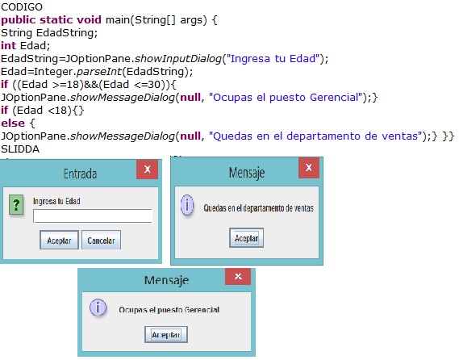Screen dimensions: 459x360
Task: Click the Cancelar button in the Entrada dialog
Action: pyautogui.click(x=101, y=240)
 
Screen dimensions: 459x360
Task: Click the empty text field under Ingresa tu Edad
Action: pyautogui.click(x=93, y=216)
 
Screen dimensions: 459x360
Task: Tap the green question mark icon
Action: pyautogui.click(x=16, y=204)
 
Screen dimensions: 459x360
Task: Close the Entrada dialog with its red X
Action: pyautogui.click(x=148, y=169)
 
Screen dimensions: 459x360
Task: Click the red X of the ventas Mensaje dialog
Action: pyautogui.click(x=309, y=168)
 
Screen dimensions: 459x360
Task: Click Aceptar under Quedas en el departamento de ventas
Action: pyautogui.click(x=247, y=238)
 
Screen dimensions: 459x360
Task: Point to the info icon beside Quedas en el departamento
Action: pyautogui.click(x=187, y=205)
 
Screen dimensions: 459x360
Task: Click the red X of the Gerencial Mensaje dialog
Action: pyautogui.click(x=238, y=276)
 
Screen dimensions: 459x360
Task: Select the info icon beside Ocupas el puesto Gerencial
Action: pyautogui.click(x=98, y=308)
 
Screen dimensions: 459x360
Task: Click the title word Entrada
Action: pyautogui.click(x=80, y=174)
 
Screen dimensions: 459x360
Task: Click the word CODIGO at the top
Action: pyautogui.click(x=22, y=6)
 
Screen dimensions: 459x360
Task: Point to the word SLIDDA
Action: pyautogui.click(x=20, y=149)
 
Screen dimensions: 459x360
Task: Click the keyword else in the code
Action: pyautogui.click(x=13, y=123)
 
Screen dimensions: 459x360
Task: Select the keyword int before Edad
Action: pyautogui.click(x=9, y=46)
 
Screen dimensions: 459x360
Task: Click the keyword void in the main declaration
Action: pyautogui.click(x=89, y=19)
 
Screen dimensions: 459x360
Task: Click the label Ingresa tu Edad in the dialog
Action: pyautogui.click(x=56, y=201)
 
